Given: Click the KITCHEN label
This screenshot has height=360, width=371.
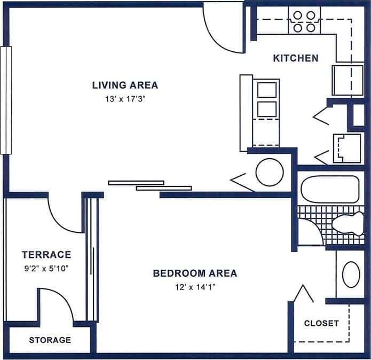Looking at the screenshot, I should (x=296, y=58).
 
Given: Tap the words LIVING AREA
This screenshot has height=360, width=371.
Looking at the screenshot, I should (x=125, y=85).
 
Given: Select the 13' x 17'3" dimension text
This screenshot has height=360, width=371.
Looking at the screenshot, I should (x=125, y=99).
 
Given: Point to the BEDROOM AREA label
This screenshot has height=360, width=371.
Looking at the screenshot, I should (x=195, y=273).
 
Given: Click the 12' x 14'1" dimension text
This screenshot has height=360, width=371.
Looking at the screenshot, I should (x=195, y=287).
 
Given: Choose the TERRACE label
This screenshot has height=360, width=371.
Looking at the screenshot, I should (x=46, y=255).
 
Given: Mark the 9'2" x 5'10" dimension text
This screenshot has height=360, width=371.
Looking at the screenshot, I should (x=46, y=268).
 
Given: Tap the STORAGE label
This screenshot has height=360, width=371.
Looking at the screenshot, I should (x=50, y=340).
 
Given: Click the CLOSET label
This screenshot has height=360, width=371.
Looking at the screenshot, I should (x=321, y=323).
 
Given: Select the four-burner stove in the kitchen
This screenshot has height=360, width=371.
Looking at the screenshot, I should (x=304, y=21).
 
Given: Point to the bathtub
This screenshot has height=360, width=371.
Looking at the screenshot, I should (x=329, y=189).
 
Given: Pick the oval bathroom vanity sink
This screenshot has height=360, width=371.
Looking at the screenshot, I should (x=351, y=275).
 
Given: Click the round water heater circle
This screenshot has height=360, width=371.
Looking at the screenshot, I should (x=269, y=173).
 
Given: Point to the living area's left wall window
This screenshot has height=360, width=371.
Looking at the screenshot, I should (x=6, y=100).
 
